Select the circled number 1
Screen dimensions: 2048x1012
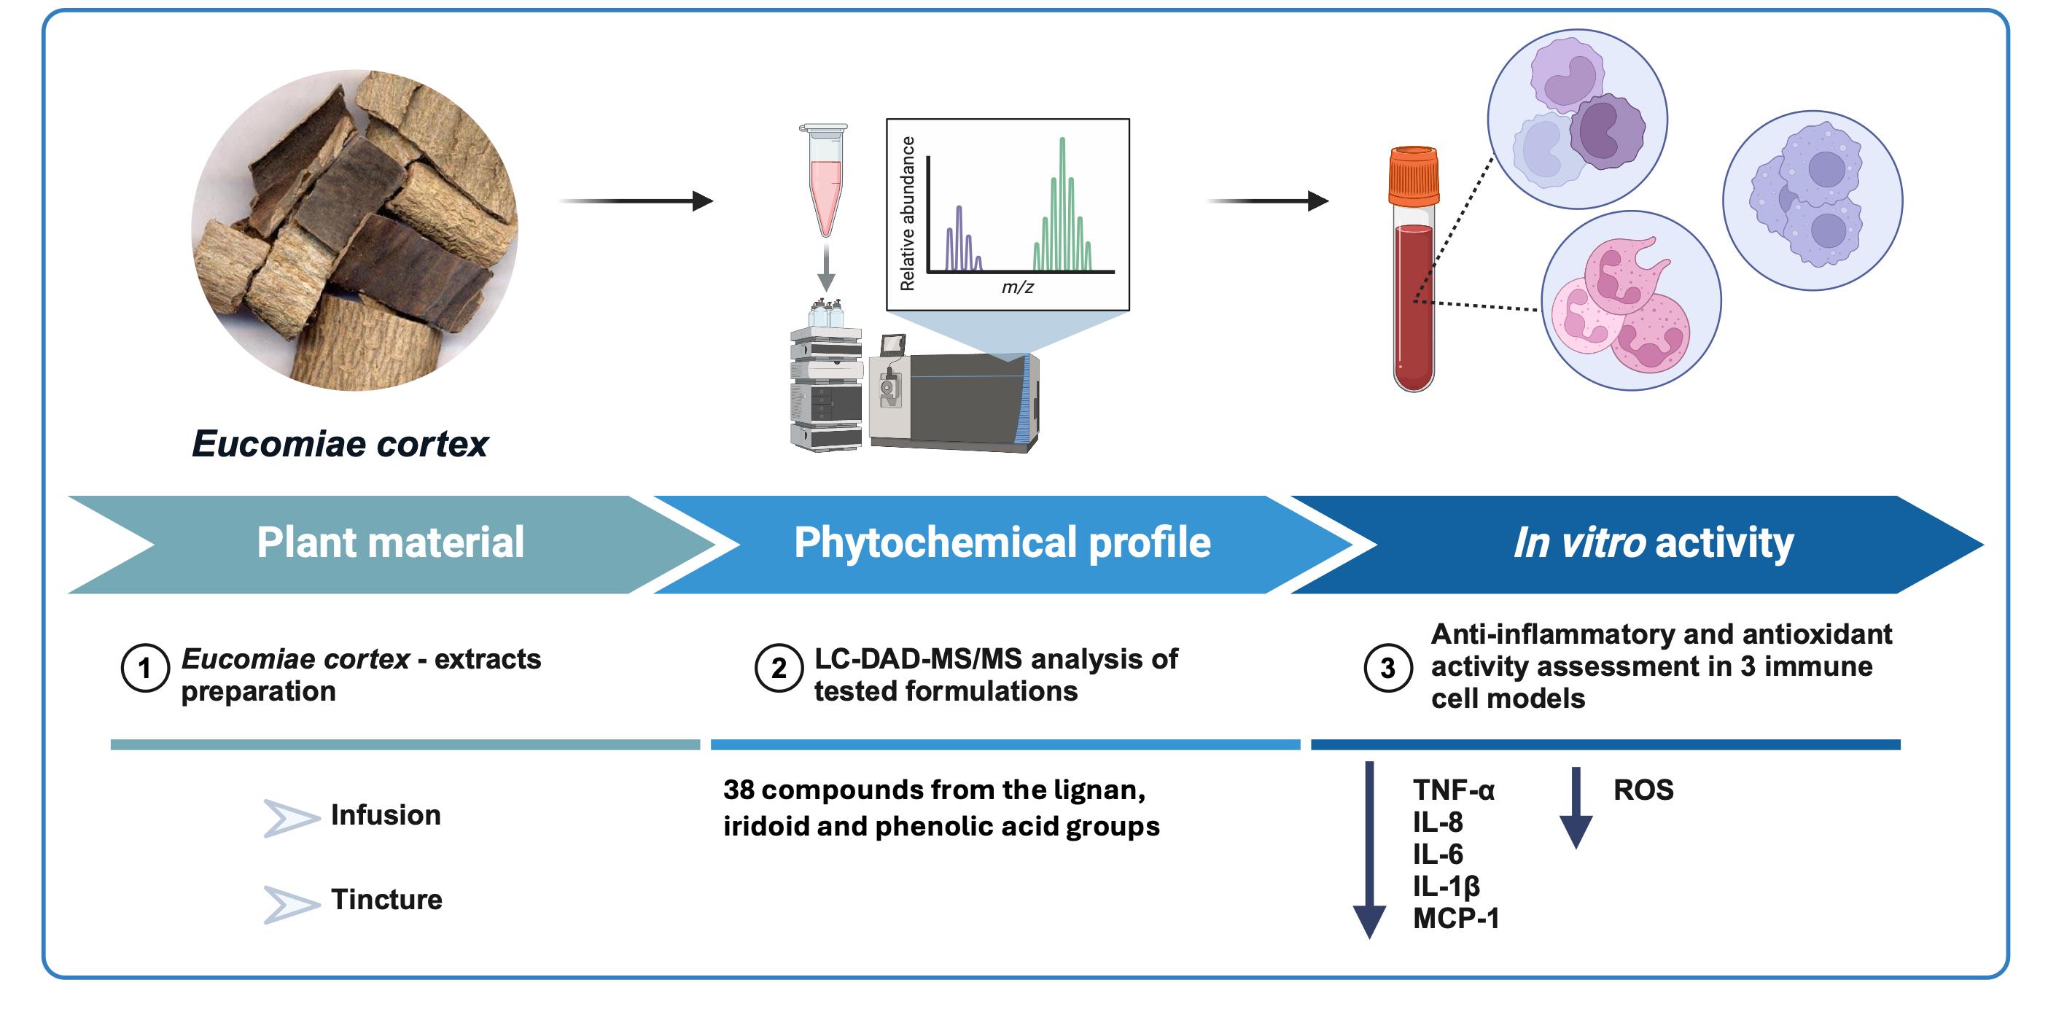[144, 668]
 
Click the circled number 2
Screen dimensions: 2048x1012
[779, 668]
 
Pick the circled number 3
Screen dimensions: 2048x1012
[1387, 668]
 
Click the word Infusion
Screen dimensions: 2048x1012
[386, 815]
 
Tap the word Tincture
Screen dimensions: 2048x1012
[386, 899]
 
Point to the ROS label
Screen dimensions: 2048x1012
[1643, 790]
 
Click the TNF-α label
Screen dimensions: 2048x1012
[1453, 790]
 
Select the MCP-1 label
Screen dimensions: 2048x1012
[1456, 918]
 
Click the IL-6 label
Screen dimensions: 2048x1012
[1438, 854]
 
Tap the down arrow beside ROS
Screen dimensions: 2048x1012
[1576, 808]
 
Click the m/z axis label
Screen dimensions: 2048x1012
[1018, 287]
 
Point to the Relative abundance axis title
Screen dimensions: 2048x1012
[907, 213]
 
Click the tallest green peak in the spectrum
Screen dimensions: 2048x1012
[1062, 203]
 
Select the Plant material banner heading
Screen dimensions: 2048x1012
[390, 542]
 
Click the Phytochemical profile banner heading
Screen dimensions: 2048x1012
[1002, 543]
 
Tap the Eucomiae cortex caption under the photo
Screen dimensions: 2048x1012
[340, 443]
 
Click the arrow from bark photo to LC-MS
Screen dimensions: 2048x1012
[636, 201]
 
